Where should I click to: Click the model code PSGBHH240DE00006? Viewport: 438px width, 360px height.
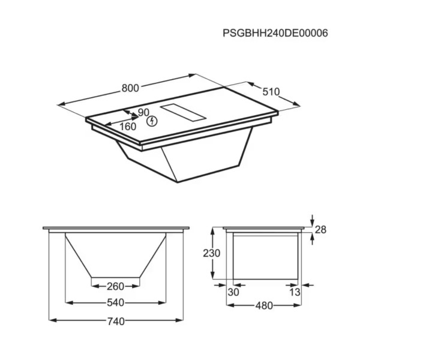coord(275,33)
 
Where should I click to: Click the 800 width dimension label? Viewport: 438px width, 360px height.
coord(130,88)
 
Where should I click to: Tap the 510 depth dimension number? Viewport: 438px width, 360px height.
coord(271,92)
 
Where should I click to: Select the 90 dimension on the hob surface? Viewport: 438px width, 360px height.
coord(143,112)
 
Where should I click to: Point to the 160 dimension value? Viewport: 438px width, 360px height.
coord(127,127)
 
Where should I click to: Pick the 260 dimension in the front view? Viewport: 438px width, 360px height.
coord(115,286)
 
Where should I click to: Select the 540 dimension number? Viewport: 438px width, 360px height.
coord(115,302)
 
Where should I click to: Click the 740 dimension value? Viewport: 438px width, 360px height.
coord(115,322)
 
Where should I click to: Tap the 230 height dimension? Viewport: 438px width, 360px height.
coord(212,253)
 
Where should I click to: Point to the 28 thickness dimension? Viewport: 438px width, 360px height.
coord(320,230)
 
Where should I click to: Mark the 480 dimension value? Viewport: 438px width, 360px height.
coord(264,305)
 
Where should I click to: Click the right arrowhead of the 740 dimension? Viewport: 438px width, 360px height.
coord(181,320)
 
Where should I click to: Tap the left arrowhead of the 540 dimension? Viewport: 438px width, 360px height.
coord(68,302)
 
